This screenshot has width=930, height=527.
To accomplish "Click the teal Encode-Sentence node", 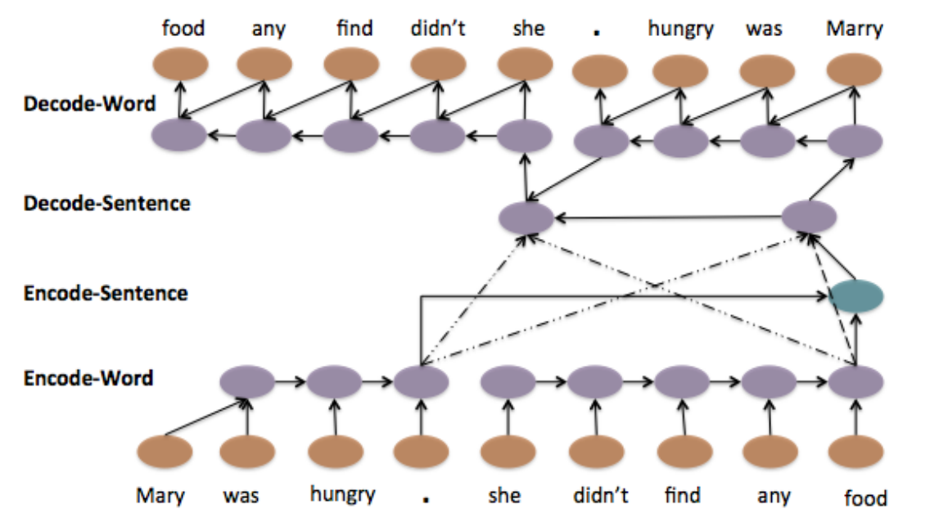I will [856, 295].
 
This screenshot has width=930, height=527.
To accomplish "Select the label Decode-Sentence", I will [107, 203].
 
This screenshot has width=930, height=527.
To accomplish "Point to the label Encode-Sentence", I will [106, 292].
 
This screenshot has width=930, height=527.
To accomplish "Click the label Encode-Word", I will [88, 378].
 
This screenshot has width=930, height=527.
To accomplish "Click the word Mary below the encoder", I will [160, 495].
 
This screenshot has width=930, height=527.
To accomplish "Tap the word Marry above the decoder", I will [855, 29].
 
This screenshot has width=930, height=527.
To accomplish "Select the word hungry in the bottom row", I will [342, 493].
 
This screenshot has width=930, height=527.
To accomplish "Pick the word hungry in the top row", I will [680, 29].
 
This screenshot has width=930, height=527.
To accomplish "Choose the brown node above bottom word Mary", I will [165, 452].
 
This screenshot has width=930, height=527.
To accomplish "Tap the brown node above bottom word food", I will [856, 452].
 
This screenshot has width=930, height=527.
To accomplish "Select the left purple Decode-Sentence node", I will [526, 218].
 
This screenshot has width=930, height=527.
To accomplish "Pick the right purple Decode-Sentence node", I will [809, 217].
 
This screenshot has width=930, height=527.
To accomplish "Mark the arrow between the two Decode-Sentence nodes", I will [667, 218].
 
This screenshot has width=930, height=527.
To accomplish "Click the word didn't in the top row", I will [438, 29].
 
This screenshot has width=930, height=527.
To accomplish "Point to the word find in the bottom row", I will [682, 495].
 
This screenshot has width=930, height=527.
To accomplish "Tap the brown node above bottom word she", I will [508, 452].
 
